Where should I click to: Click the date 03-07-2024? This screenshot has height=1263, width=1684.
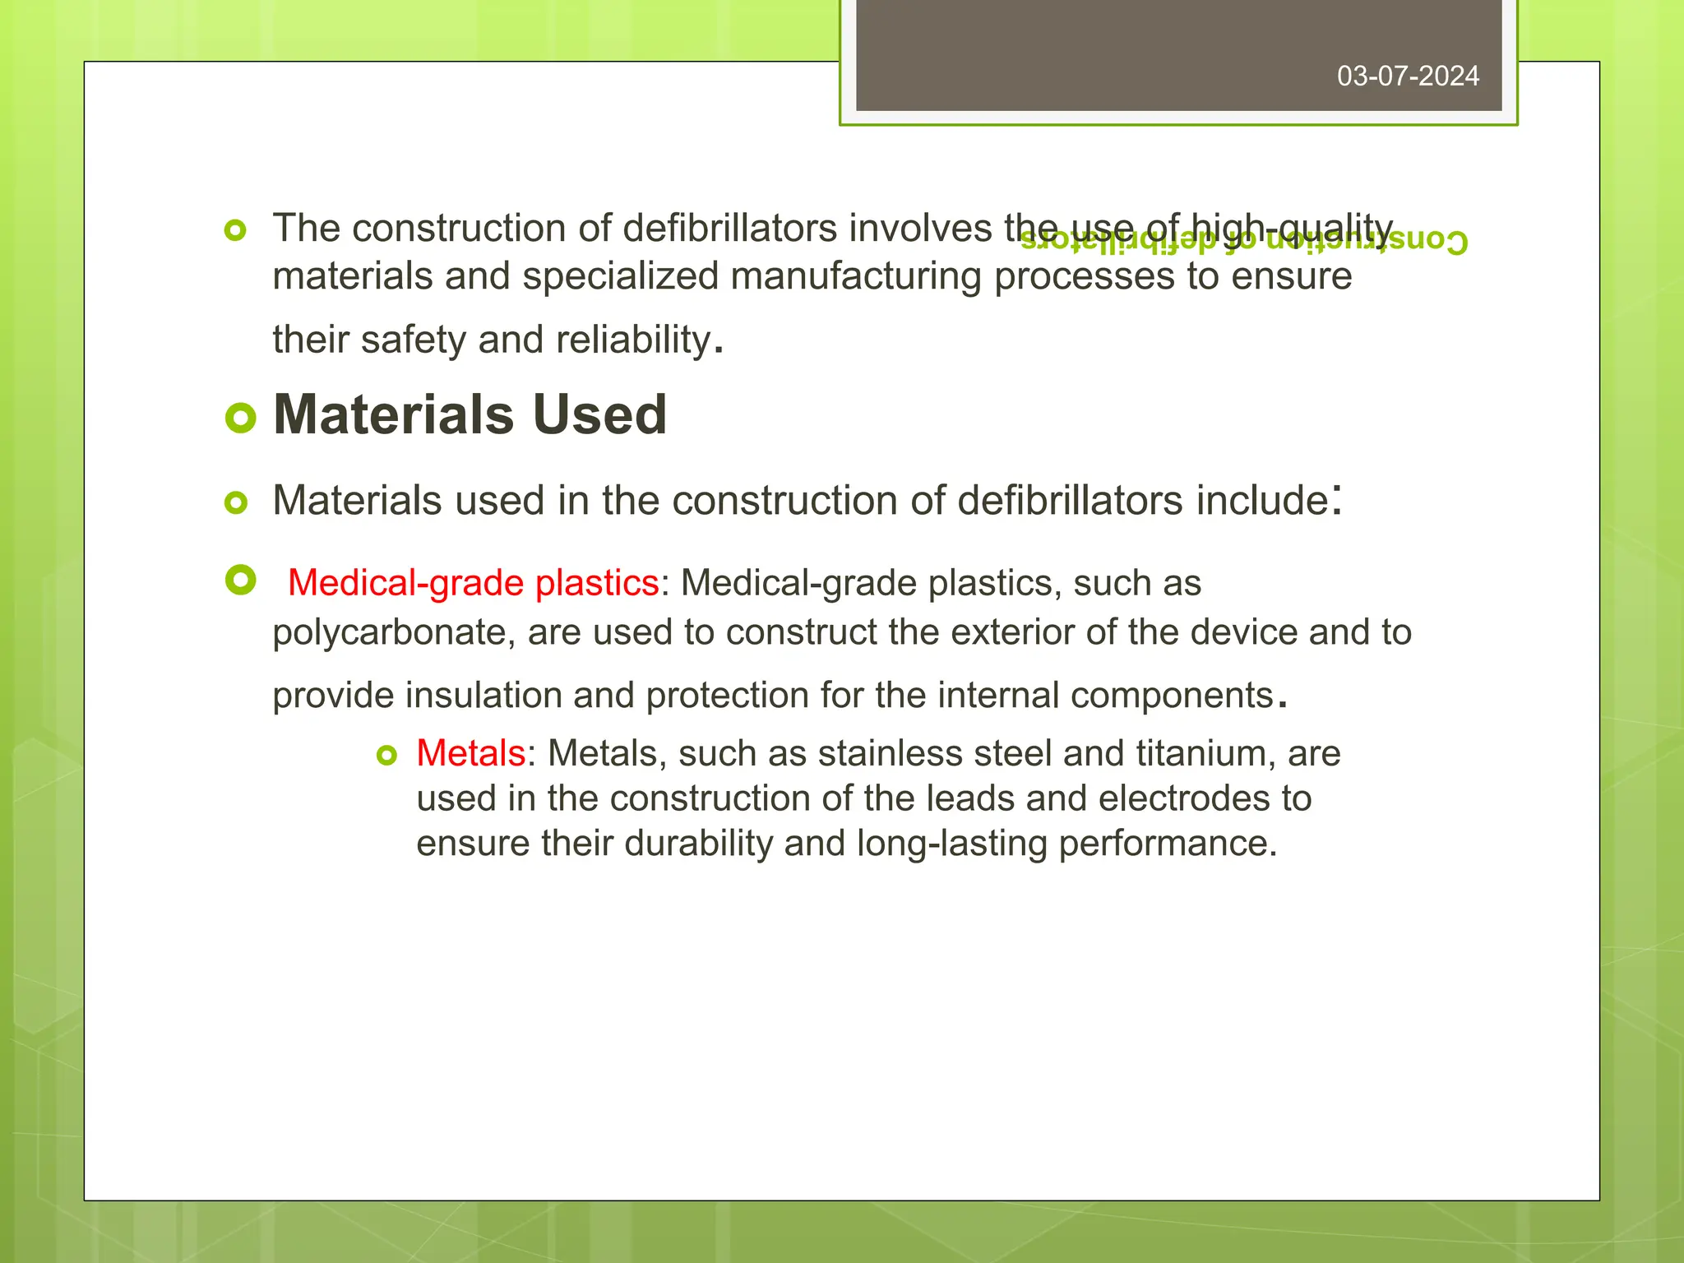(x=1408, y=76)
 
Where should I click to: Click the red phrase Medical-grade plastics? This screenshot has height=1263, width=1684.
(x=473, y=583)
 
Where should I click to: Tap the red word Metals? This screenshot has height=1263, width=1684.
(x=470, y=753)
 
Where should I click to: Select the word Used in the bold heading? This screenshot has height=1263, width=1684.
(x=599, y=414)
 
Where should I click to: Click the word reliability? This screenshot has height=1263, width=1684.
(x=633, y=340)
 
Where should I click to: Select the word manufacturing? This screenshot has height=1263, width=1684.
(x=855, y=276)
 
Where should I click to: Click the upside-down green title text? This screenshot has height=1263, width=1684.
(x=1243, y=242)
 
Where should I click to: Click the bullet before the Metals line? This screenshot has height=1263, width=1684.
(x=386, y=755)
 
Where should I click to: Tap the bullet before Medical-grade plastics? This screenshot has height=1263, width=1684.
(x=240, y=581)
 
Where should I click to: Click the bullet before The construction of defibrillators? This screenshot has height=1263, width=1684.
(x=235, y=231)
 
